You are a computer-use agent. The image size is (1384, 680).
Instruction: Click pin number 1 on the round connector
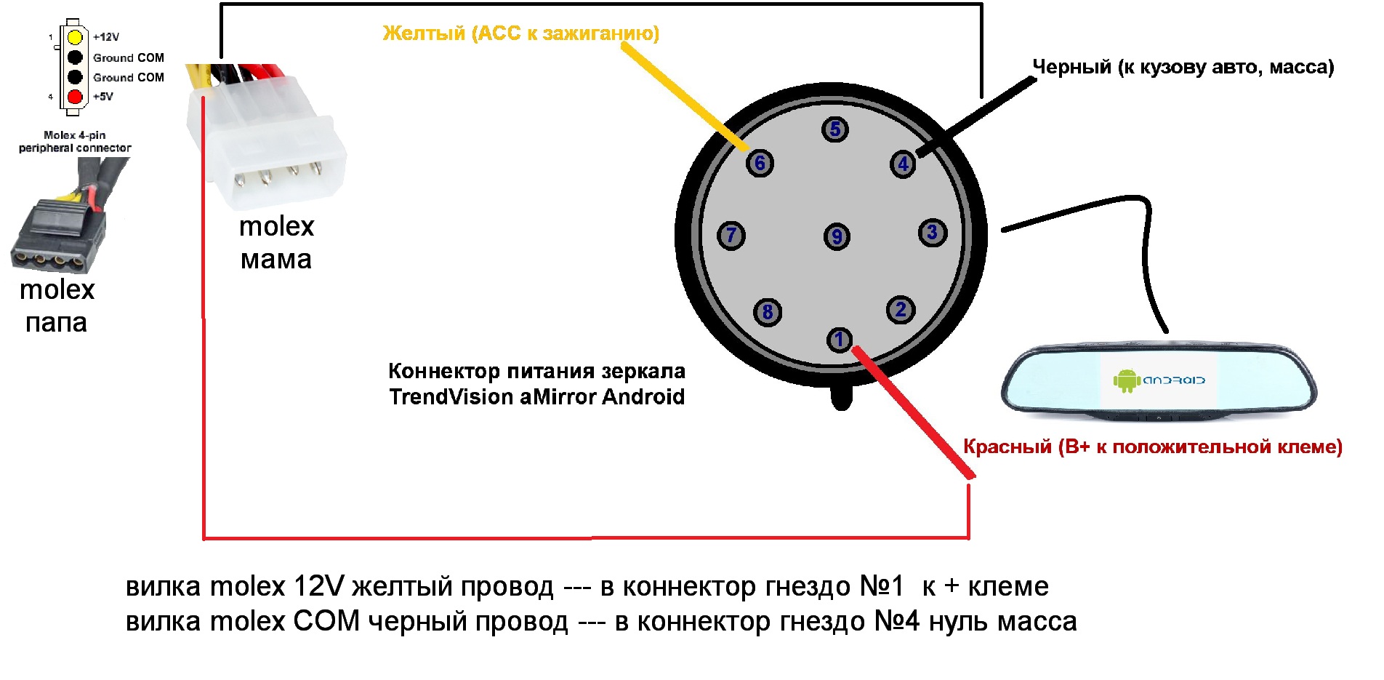pos(839,339)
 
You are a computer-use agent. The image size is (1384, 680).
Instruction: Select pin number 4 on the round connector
pos(903,164)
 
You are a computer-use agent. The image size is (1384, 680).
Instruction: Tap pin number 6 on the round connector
pos(760,163)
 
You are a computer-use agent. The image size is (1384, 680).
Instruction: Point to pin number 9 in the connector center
pos(837,236)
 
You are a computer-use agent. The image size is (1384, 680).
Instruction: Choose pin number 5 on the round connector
pos(835,129)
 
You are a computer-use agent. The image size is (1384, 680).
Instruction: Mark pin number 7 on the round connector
pos(731,235)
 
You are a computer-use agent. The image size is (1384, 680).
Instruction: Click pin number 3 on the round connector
pos(933,233)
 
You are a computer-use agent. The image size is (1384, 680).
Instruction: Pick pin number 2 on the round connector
pos(901,310)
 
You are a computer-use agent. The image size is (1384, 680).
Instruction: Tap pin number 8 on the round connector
pos(768,312)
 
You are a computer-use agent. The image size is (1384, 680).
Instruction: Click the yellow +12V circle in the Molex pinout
pos(75,37)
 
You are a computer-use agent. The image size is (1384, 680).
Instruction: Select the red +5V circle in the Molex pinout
pos(75,97)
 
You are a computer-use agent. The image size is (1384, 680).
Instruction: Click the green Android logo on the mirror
pos(1126,380)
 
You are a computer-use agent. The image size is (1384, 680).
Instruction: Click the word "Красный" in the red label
pos(1007,447)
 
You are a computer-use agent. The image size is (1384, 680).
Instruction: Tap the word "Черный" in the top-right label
pos(1071,67)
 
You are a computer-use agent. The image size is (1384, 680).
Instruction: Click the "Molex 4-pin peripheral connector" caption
pos(75,141)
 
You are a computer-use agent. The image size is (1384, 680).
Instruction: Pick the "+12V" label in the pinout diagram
pos(106,37)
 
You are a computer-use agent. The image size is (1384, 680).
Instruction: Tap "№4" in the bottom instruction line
pos(896,622)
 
